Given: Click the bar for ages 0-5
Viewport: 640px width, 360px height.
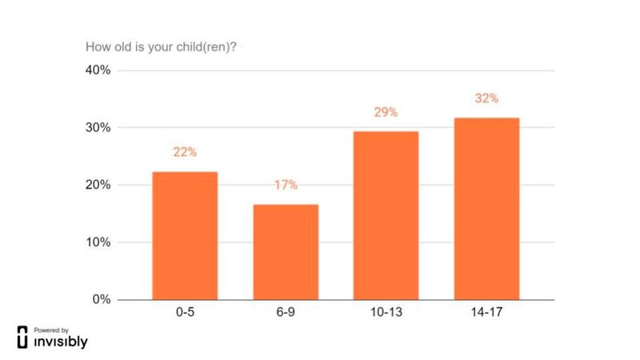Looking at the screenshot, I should (185, 236).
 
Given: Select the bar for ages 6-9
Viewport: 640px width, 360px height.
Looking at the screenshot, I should (286, 252).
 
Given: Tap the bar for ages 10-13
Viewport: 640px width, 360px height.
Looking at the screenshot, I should (386, 216).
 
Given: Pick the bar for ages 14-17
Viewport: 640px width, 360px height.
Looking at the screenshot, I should (486, 209).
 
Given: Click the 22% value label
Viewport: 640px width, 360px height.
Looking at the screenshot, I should (185, 152).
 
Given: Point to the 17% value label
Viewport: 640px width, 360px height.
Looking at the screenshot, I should (286, 185).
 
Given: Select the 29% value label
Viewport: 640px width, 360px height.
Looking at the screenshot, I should (386, 112).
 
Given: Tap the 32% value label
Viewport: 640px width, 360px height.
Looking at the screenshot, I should (486, 98).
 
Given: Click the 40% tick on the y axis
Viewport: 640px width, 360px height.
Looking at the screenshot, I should (98, 70).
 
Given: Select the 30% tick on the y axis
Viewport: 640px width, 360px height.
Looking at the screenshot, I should (98, 128).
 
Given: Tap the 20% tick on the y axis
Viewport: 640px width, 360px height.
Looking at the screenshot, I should (98, 185).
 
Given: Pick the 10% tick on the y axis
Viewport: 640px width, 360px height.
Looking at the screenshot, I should (98, 242).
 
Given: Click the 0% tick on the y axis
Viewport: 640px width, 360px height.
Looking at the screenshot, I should (102, 300).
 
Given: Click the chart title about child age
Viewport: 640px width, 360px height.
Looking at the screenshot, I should (160, 46).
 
